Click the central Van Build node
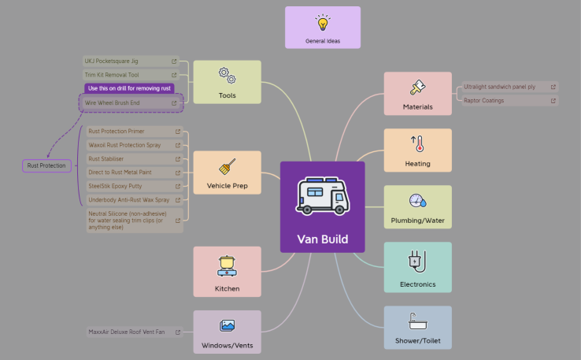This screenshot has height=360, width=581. (322, 206)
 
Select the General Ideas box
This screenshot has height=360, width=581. (323, 28)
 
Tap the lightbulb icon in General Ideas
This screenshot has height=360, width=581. (323, 22)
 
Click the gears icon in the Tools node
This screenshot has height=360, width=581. (227, 76)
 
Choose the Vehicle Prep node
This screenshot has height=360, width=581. (227, 173)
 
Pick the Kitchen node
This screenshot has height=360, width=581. (227, 271)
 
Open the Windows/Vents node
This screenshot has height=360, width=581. (227, 331)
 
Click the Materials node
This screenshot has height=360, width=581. (417, 94)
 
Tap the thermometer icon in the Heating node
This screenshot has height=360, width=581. (417, 143)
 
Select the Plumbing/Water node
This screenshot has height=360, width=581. (417, 206)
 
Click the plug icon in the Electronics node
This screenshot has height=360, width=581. (417, 260)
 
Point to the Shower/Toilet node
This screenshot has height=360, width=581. (417, 327)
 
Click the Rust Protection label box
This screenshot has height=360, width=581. (46, 165)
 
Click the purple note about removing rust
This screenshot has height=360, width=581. (129, 88)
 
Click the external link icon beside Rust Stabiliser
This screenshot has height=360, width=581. (178, 158)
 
